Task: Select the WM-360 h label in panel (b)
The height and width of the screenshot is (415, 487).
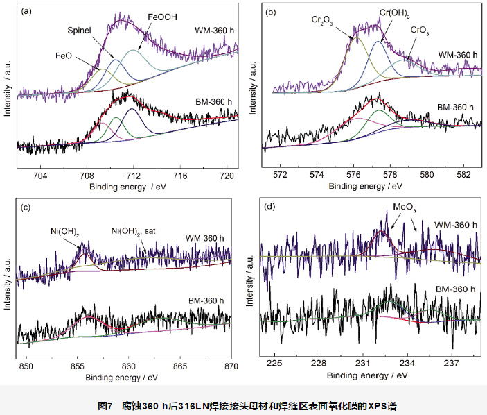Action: [458, 54]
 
